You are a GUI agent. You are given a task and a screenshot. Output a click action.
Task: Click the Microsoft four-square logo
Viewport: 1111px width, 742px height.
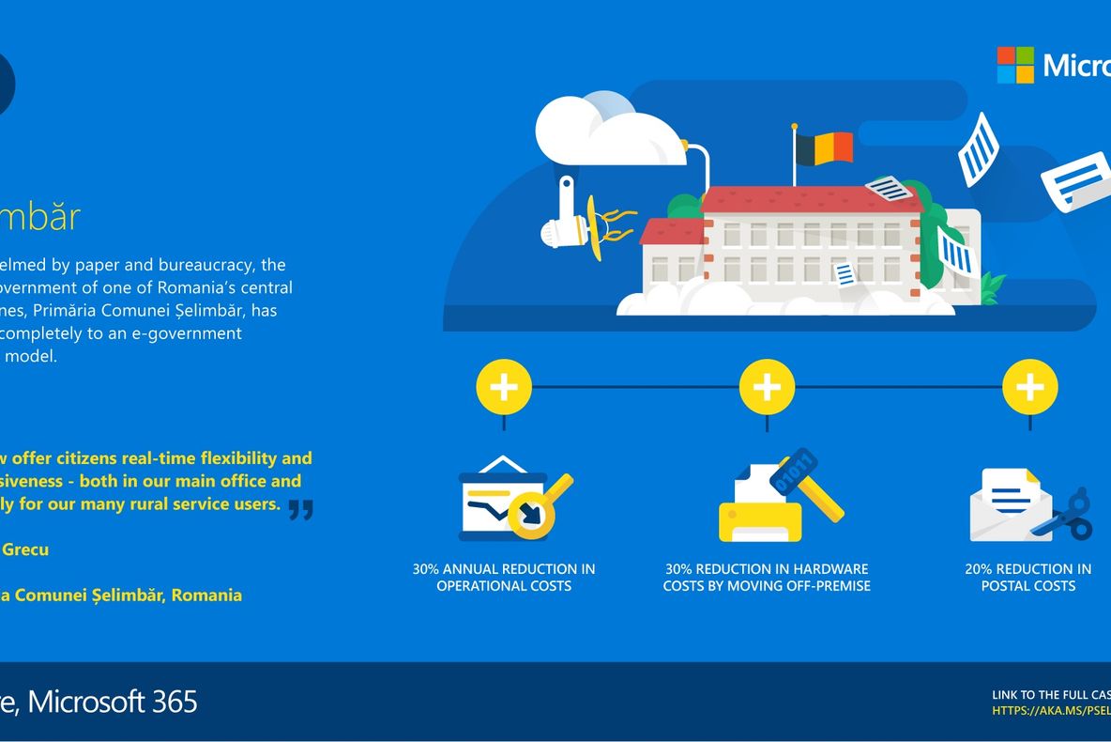click(x=1014, y=65)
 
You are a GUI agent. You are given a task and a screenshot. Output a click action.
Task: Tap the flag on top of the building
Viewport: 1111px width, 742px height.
click(x=823, y=147)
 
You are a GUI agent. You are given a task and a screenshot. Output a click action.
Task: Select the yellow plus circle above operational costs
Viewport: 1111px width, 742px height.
click(x=504, y=387)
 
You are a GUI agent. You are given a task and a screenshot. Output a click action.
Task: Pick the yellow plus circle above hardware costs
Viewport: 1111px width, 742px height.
click(x=767, y=387)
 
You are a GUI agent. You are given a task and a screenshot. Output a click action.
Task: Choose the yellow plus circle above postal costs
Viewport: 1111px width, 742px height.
click(x=1029, y=387)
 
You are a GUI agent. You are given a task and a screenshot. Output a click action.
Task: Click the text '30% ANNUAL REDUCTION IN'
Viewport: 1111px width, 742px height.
click(x=504, y=569)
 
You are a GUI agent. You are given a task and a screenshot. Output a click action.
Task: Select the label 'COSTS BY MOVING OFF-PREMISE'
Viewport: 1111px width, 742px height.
click(x=767, y=586)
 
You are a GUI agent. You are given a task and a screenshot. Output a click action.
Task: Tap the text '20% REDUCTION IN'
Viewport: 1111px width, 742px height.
click(x=1027, y=569)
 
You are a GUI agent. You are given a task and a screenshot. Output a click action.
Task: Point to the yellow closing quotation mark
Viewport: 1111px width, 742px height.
click(x=300, y=509)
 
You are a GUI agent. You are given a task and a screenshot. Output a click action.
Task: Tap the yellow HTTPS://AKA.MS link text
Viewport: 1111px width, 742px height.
click(x=1051, y=711)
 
